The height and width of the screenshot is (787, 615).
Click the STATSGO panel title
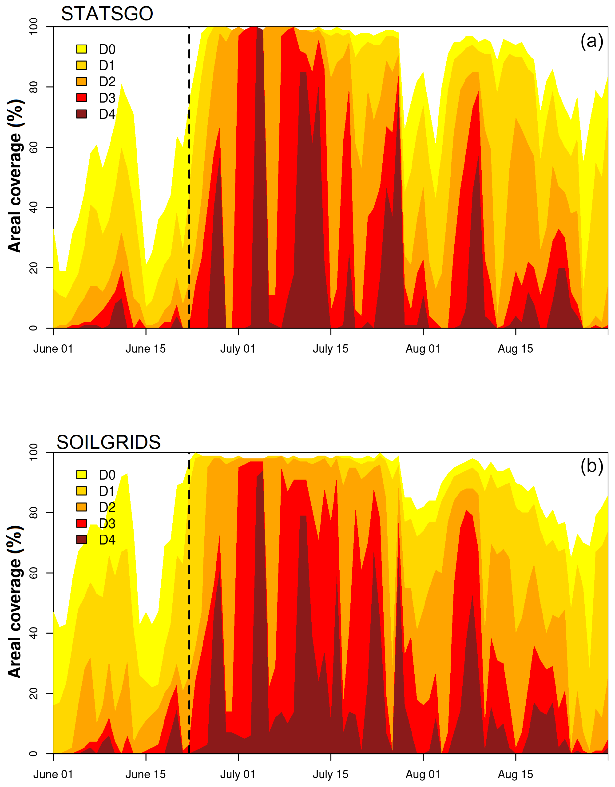click(x=107, y=14)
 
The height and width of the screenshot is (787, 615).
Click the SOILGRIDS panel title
click(x=109, y=442)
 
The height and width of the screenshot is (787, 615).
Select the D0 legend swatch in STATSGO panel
click(x=82, y=49)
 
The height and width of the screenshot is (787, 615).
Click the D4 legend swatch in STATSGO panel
click(x=82, y=114)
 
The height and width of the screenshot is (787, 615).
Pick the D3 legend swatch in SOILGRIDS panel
click(x=82, y=523)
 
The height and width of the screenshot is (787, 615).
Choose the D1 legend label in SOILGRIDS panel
click(x=107, y=491)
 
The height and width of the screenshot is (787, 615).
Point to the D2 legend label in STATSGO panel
click(x=107, y=82)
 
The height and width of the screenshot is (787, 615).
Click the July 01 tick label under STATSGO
click(x=238, y=349)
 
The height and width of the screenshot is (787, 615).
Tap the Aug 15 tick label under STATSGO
click(x=515, y=349)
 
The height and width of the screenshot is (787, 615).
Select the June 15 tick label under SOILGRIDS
click(x=146, y=774)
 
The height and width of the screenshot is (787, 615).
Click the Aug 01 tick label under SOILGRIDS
click(x=423, y=774)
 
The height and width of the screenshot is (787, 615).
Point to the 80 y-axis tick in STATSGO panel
click(x=33, y=87)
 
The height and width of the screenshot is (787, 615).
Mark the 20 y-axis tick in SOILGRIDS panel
click(x=33, y=693)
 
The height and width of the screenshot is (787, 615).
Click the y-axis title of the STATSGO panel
click(x=16, y=176)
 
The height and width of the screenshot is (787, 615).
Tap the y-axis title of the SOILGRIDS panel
click(x=16, y=602)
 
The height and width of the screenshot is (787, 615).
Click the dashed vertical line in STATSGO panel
click(x=189, y=177)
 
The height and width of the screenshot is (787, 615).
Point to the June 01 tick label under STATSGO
click(x=53, y=349)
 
